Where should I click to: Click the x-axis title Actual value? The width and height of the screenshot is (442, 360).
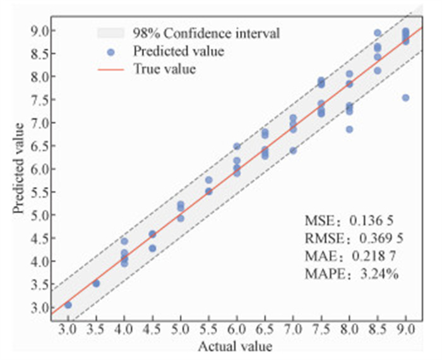[x=236, y=346]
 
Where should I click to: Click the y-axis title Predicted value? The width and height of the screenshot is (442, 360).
[x=20, y=168]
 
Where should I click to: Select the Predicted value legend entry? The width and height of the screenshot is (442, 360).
[x=178, y=51]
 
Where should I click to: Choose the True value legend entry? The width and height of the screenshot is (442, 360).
[x=164, y=69]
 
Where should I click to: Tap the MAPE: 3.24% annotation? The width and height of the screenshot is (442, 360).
[x=351, y=275]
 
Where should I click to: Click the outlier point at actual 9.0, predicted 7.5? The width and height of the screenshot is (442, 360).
[x=405, y=98]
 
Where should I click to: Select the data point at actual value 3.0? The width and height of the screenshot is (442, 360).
[x=68, y=305]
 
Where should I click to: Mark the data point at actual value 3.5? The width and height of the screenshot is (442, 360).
[x=96, y=284]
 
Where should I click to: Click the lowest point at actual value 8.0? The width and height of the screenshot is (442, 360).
[x=349, y=129]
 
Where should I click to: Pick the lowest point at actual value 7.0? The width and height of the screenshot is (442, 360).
[x=293, y=150]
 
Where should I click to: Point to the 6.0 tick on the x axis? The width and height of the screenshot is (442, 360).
[x=237, y=329]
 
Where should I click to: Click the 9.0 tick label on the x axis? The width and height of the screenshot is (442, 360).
[x=405, y=329]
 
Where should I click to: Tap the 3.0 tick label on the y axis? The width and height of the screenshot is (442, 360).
[x=39, y=308]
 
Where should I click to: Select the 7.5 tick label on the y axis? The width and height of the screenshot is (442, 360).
[x=39, y=100]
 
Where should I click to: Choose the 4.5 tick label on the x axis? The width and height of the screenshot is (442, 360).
[x=152, y=329]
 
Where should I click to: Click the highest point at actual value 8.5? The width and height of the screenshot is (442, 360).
[x=378, y=33]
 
